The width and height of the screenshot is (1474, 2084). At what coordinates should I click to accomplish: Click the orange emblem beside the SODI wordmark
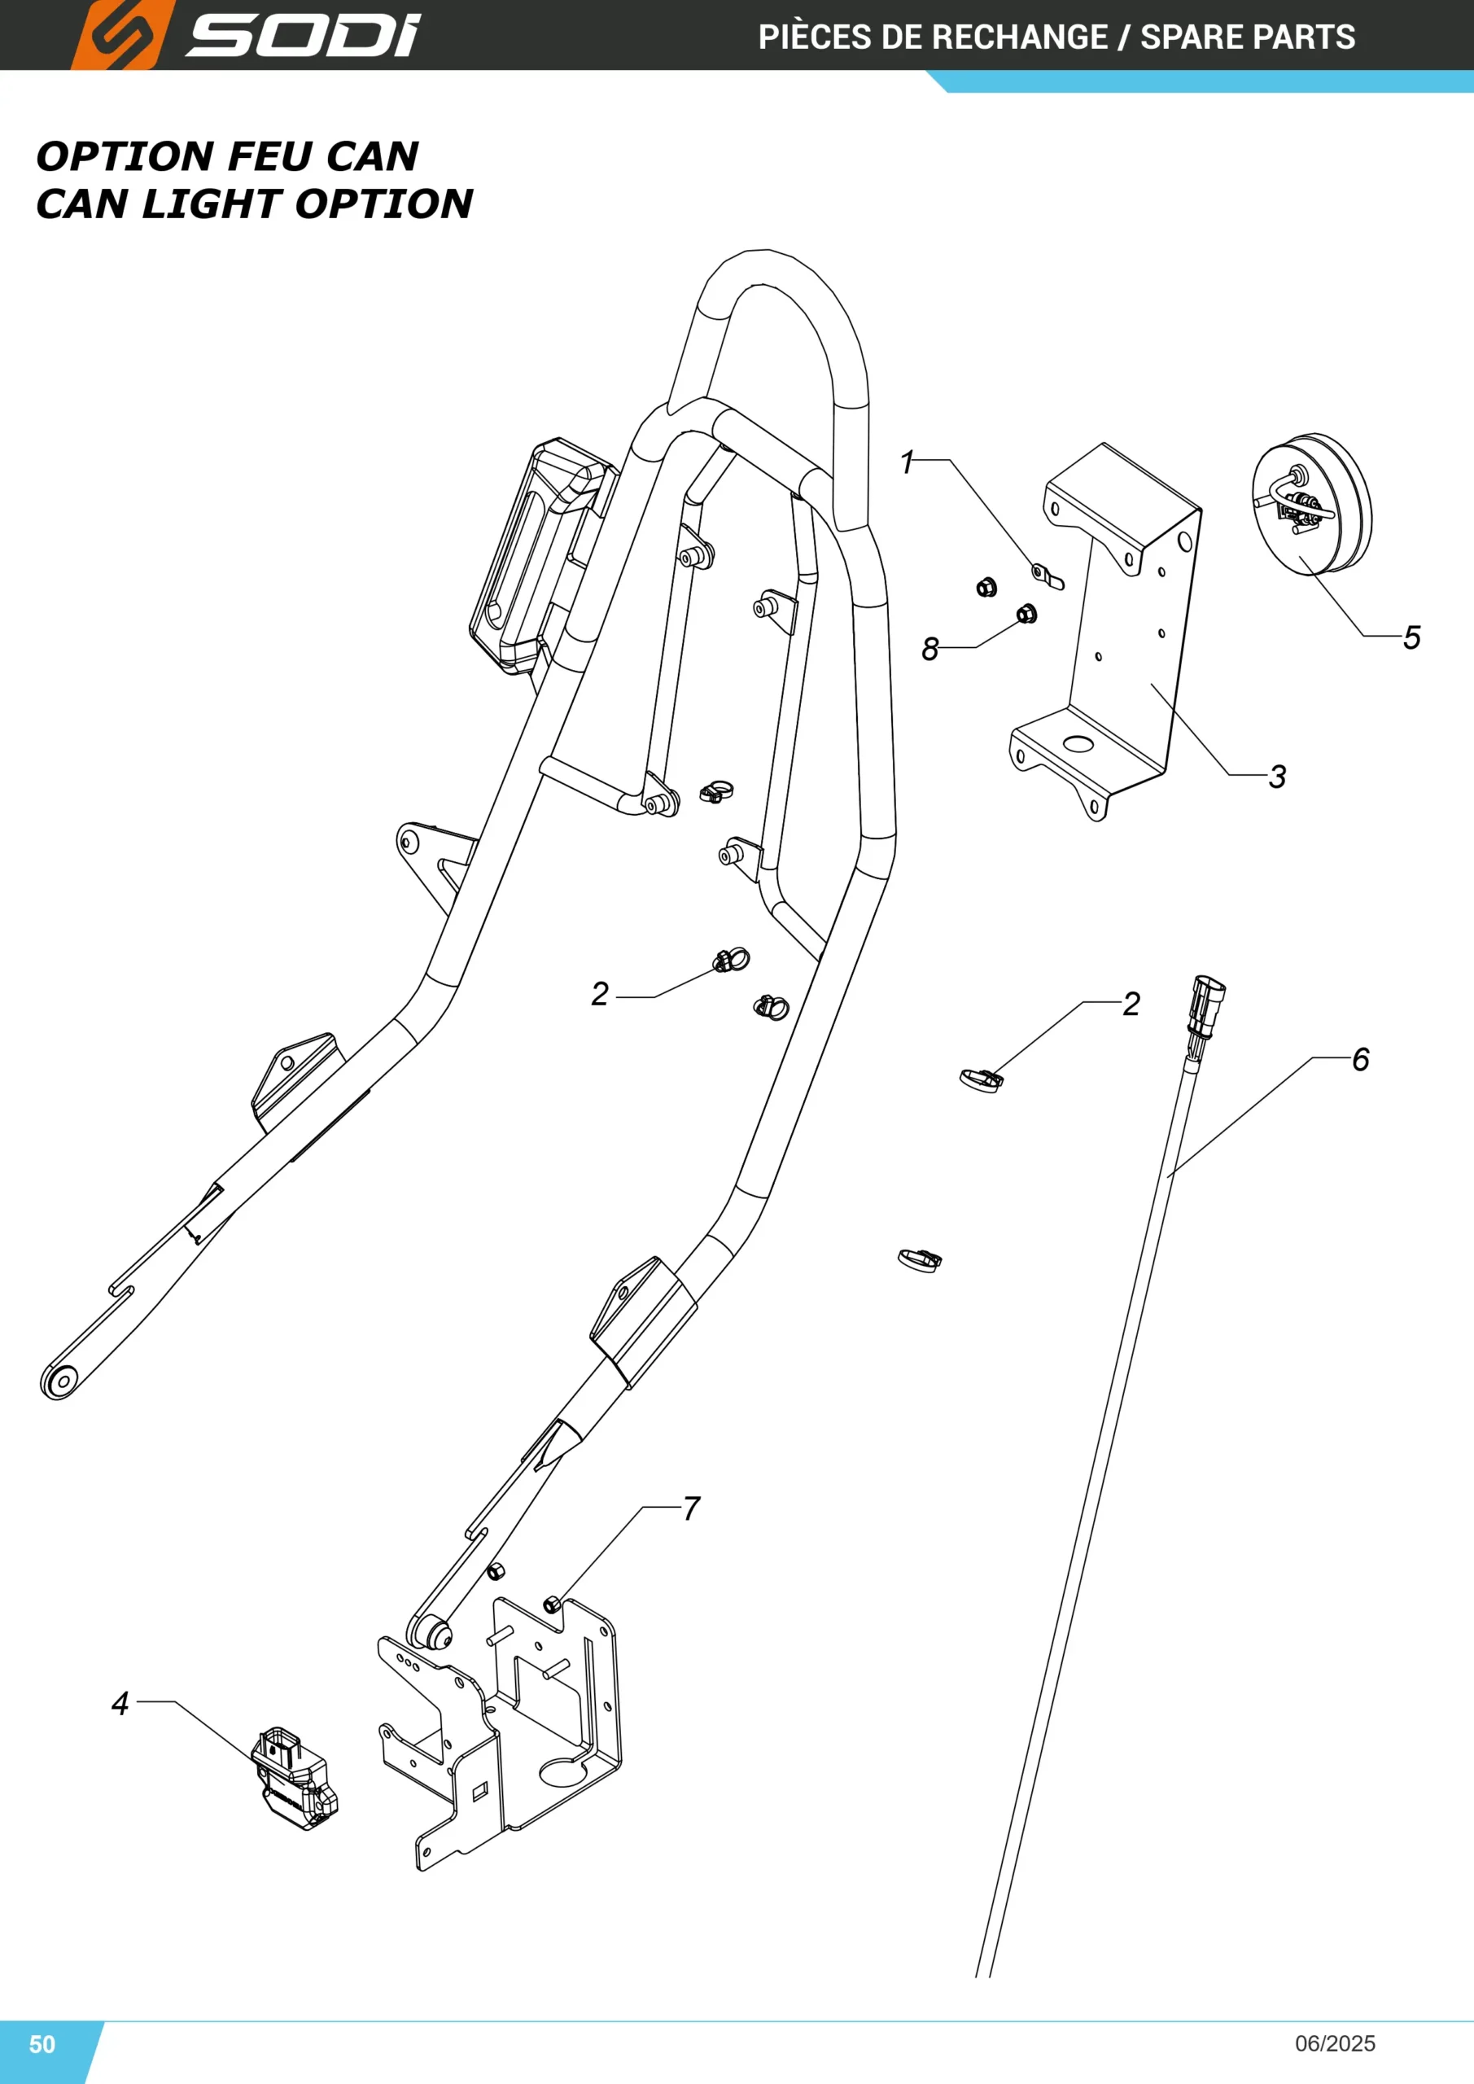pos(121,34)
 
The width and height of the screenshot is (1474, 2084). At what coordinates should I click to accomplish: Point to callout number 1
pos(906,463)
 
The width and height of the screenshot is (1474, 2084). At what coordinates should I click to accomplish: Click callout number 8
pos(929,649)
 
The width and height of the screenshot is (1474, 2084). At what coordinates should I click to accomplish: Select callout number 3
pos(1277,776)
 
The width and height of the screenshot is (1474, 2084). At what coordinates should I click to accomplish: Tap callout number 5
pos(1411,637)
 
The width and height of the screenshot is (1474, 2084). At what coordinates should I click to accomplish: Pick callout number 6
pos(1361,1059)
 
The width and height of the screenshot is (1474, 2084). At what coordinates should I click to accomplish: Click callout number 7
pos(692,1508)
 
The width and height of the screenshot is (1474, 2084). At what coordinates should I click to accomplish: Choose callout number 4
pos(120,1704)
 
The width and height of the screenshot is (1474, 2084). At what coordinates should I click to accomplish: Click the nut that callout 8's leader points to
pos(1026,614)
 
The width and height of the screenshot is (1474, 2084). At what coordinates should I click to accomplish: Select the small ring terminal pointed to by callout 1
pos(1048,576)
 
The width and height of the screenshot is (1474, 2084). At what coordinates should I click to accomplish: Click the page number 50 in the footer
pos(42,2044)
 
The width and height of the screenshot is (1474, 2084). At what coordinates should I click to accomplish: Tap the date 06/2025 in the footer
pos(1335,2043)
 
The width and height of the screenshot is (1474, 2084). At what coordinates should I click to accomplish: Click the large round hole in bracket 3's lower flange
pos(1079,744)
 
